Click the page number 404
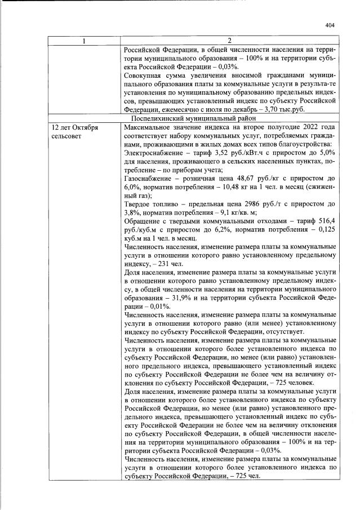pyautogui.click(x=330, y=25)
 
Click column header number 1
pyautogui.click(x=85, y=41)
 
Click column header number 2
pyautogui.click(x=229, y=41)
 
